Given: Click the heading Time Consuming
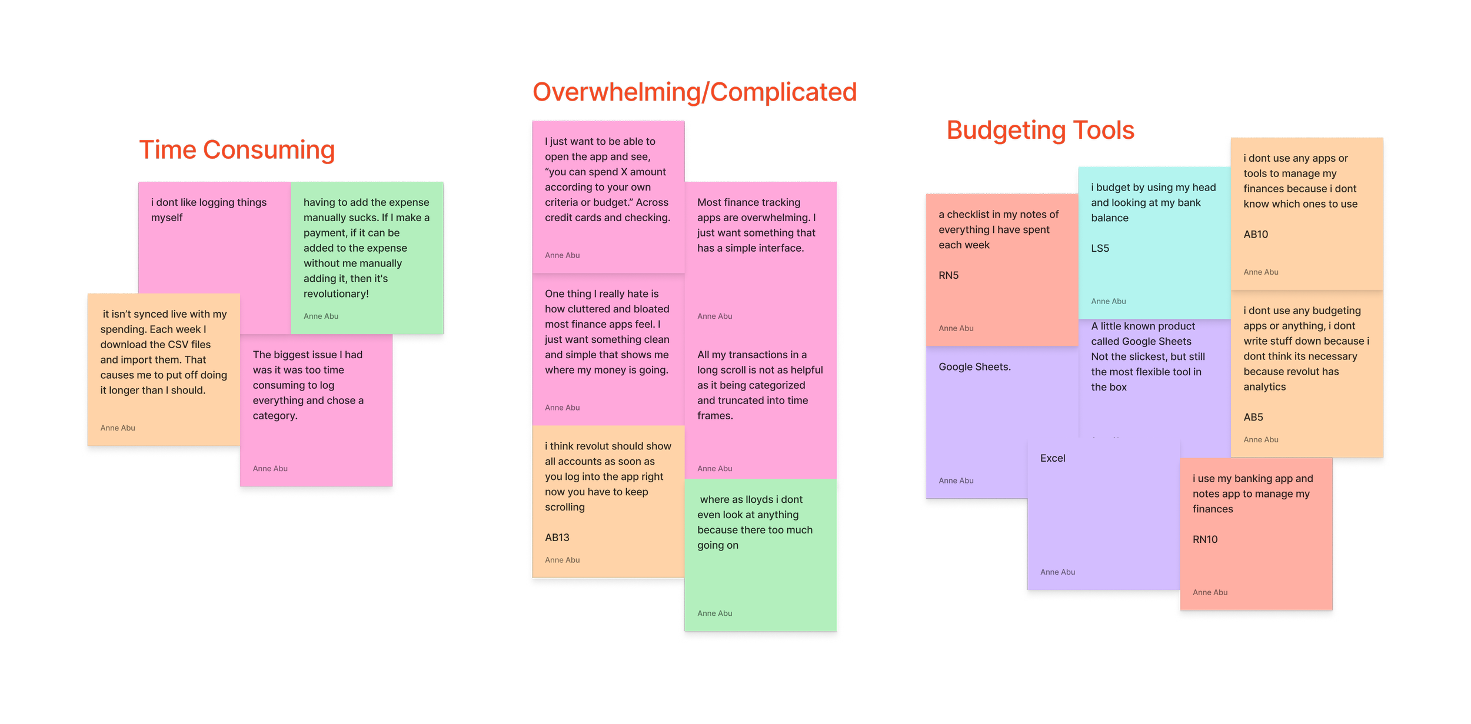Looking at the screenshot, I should coord(237,151).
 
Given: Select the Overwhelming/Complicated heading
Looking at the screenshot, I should coord(694,92).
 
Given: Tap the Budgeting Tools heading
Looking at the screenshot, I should coord(1040,131).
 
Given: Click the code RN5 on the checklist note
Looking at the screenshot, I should coord(949,275).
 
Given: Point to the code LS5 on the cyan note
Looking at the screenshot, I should coord(1100,248).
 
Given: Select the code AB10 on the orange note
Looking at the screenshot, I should coord(1256,234).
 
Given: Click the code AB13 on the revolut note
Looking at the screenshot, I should coord(557,538).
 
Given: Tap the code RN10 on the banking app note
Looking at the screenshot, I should coord(1205,539).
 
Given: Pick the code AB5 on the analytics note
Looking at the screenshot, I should coord(1253,417).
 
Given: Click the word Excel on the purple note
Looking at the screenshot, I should coord(1053,458).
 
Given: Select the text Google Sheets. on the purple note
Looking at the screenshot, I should coord(974,367).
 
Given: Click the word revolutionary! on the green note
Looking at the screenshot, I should coord(336,293).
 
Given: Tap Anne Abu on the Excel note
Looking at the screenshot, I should coord(1057,572).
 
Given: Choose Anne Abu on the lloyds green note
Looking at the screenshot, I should coord(714,613).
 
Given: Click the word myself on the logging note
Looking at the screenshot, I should coord(167,218).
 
